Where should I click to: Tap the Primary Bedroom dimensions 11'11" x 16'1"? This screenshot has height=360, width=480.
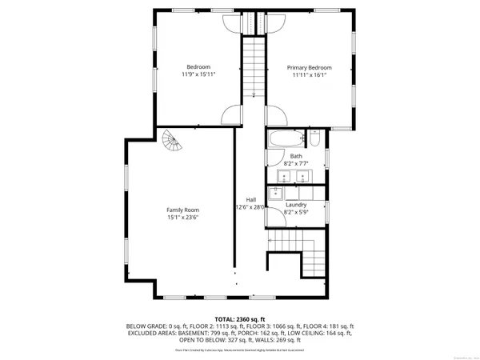pos(309,75)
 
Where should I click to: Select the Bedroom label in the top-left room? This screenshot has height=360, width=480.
pos(198,66)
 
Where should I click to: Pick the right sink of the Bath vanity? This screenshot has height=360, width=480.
pos(302,176)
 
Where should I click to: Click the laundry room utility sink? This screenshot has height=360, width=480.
pos(276,193)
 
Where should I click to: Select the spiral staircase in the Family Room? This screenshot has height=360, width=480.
pos(171,145)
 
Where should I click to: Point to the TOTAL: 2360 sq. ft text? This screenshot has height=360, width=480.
pos(239,318)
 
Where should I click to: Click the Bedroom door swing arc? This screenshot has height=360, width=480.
pos(230,114)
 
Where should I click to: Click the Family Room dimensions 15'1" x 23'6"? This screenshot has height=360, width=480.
pos(182,216)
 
